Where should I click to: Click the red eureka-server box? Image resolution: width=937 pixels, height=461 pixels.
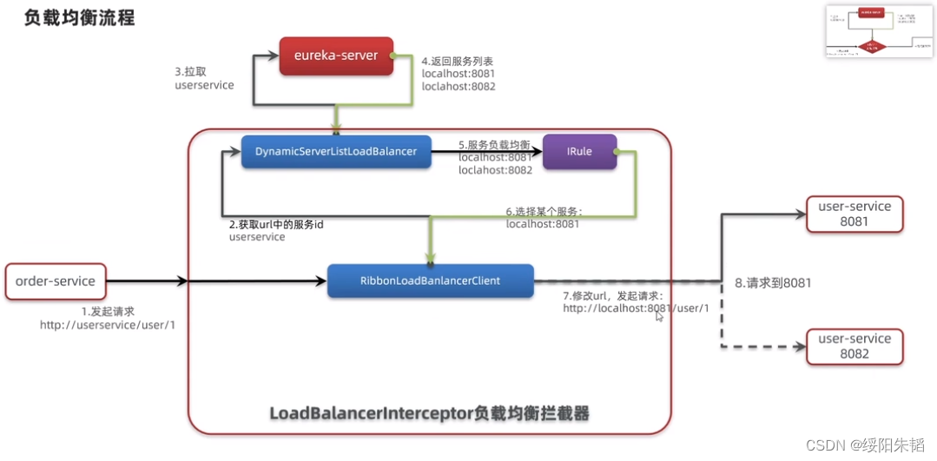tap(336, 56)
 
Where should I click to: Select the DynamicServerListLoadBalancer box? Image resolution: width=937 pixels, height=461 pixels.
tap(336, 151)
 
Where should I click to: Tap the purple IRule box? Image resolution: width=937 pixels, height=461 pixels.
tap(579, 151)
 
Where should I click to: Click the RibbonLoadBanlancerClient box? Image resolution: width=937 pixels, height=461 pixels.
tap(430, 280)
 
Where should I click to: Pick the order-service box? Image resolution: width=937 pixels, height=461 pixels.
tap(56, 280)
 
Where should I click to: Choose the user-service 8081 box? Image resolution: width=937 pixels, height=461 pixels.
tap(855, 214)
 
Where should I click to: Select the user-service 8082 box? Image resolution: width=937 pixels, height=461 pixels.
tap(855, 346)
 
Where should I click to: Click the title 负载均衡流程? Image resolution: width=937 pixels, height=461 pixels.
tap(80, 17)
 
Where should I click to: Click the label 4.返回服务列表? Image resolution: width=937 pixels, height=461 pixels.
tap(458, 62)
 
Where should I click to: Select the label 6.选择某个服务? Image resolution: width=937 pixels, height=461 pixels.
tap(544, 211)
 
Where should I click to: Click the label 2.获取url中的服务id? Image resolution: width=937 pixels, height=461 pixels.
tap(276, 224)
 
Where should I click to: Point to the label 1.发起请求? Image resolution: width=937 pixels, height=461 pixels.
tap(109, 311)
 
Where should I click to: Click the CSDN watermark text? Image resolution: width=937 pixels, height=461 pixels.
tap(865, 445)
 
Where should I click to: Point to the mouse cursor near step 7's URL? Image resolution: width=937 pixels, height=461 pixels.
tap(659, 317)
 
